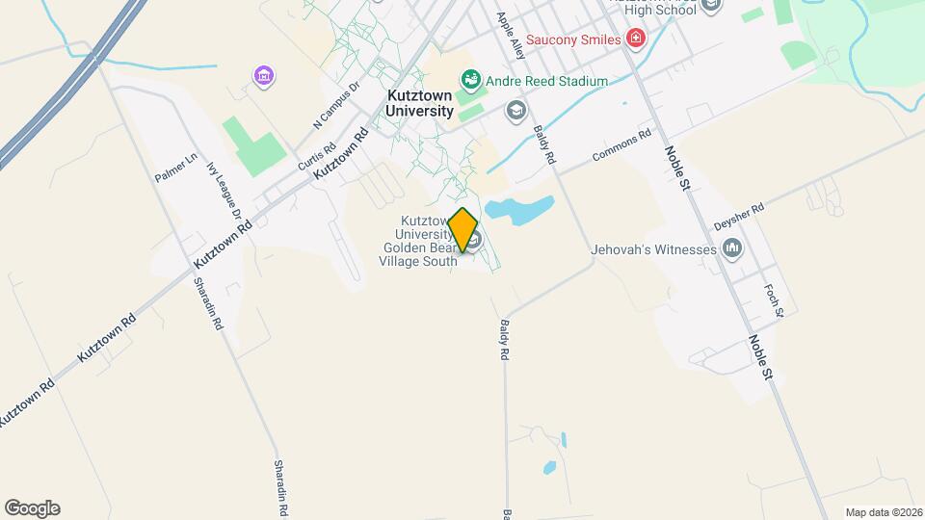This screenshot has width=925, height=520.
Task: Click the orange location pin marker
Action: (x=463, y=230)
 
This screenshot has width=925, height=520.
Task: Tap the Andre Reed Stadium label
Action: (x=546, y=82)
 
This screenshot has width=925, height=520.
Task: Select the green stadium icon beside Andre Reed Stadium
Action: (x=470, y=78)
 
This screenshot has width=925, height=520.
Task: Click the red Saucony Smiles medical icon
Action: (x=635, y=39)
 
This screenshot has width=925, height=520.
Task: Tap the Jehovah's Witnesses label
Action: (x=654, y=249)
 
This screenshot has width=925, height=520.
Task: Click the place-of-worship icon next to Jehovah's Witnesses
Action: (x=733, y=249)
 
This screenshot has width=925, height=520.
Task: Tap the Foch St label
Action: (x=774, y=300)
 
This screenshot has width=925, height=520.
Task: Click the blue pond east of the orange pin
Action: (x=519, y=208)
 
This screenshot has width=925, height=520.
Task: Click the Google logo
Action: (x=32, y=508)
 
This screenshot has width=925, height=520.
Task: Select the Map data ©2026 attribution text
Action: (x=883, y=512)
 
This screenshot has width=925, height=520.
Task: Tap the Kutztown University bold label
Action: (x=420, y=103)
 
